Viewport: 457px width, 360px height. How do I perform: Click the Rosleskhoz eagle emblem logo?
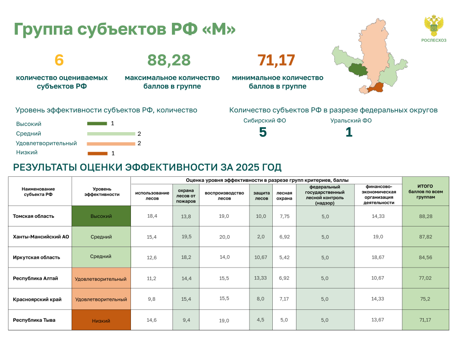(x=434, y=26)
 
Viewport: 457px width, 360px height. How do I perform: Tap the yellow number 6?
(x=59, y=60)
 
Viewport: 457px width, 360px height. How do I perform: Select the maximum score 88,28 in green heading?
(x=169, y=61)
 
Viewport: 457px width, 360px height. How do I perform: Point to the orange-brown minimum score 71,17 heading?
(x=276, y=61)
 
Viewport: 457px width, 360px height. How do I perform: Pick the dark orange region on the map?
(x=375, y=87)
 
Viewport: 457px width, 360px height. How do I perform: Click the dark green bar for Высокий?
(x=97, y=123)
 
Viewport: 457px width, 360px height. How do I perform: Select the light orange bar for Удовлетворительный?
(x=111, y=144)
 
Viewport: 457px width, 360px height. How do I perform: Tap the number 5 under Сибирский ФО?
(x=263, y=132)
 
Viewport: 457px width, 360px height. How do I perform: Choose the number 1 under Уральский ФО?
(x=349, y=132)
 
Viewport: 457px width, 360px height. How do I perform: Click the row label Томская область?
(x=33, y=216)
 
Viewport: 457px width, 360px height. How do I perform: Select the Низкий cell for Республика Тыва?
(x=101, y=320)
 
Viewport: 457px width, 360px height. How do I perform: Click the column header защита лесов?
(x=261, y=195)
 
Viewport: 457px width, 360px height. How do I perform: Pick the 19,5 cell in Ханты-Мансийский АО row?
(x=186, y=237)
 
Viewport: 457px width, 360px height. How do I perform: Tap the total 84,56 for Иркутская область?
(x=426, y=257)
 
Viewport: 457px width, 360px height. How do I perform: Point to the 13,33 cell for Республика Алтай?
(x=260, y=278)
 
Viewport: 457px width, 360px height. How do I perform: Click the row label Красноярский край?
(x=37, y=299)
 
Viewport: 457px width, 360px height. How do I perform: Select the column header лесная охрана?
(x=284, y=195)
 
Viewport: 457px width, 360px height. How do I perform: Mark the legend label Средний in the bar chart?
(x=29, y=134)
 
